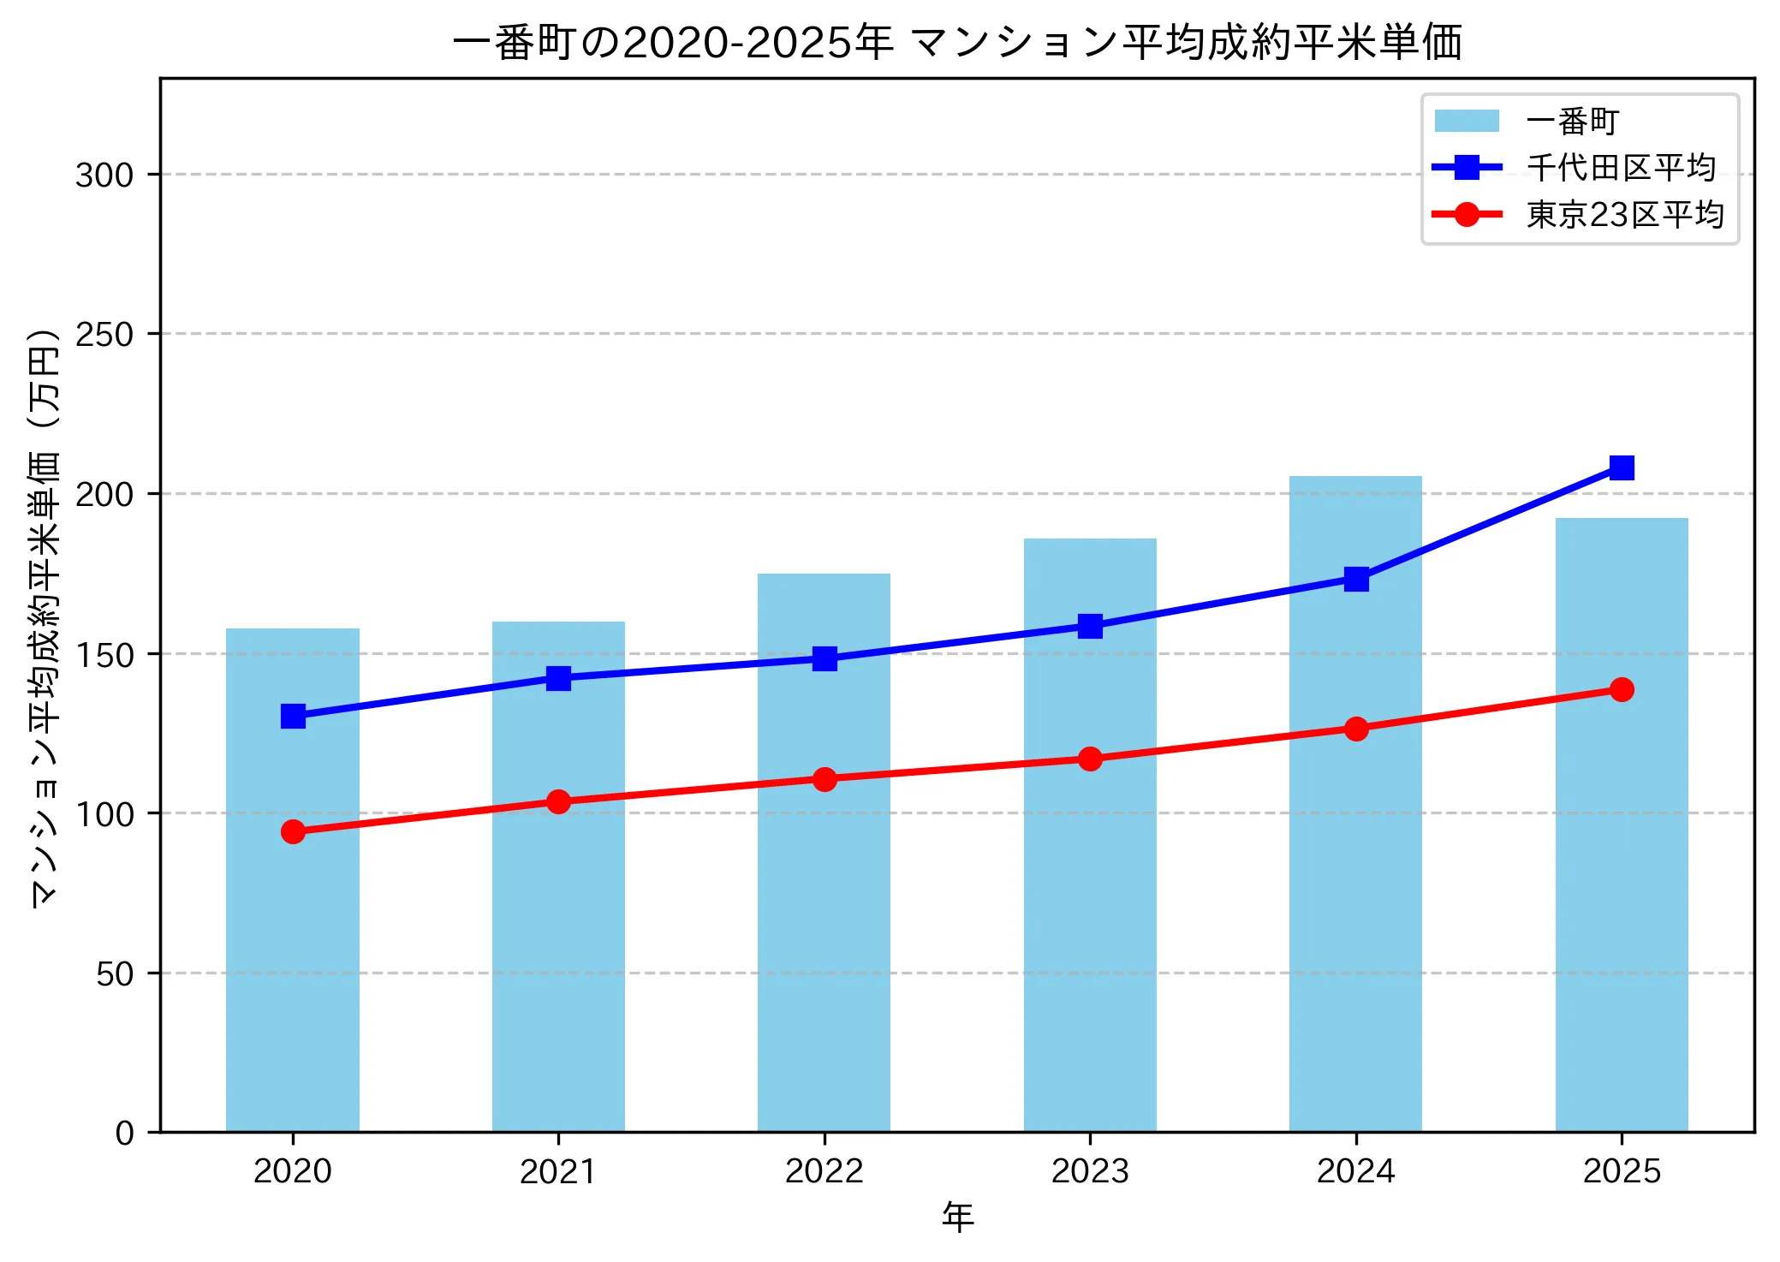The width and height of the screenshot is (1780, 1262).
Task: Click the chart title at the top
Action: (957, 43)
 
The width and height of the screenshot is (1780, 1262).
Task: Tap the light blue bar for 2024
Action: (1355, 856)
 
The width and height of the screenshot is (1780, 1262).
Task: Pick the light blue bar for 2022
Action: (824, 899)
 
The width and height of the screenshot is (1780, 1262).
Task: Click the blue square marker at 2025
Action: (1621, 467)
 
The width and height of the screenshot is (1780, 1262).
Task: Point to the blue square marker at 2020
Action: (293, 716)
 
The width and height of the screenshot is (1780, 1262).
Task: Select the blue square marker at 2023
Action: (1090, 626)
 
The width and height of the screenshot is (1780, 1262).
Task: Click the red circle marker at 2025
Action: (1621, 689)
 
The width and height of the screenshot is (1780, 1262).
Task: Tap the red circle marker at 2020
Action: (293, 831)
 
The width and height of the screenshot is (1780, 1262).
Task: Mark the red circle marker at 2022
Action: (825, 779)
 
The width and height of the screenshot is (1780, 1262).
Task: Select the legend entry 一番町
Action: (1572, 122)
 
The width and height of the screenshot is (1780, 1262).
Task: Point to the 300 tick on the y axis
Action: (104, 175)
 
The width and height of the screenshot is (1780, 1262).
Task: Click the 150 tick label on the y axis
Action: (104, 655)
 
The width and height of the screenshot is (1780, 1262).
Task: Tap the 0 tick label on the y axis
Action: (125, 1134)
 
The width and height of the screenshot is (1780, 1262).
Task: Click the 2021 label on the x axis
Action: (558, 1171)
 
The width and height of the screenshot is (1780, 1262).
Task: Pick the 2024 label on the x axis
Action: (1355, 1171)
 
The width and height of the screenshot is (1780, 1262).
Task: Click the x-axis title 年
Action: (957, 1217)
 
